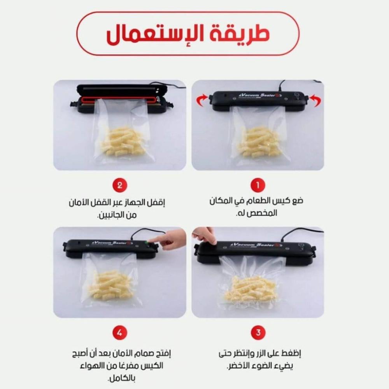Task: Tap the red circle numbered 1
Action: (258, 185)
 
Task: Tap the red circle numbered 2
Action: (120, 185)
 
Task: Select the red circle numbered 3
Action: (258, 333)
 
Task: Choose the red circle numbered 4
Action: (120, 333)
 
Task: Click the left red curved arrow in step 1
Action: (202, 100)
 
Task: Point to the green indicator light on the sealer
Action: (147, 242)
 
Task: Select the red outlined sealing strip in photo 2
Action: (119, 100)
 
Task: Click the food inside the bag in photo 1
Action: (259, 142)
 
